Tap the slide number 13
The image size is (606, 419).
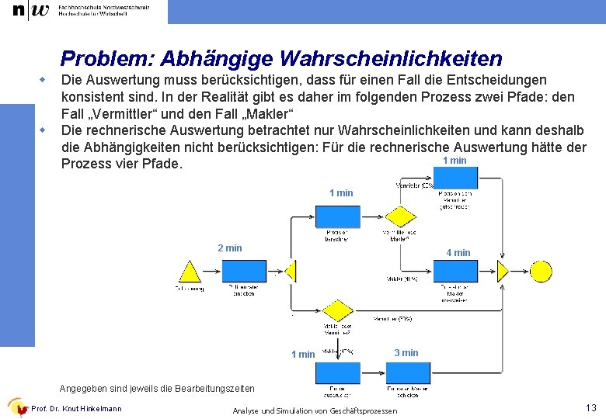(590, 407)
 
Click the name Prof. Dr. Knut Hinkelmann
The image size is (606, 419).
(76, 408)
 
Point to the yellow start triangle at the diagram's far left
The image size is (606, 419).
(189, 271)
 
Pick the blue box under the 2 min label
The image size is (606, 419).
(244, 272)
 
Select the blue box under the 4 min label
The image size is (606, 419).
(454, 272)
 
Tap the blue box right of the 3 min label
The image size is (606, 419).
(408, 373)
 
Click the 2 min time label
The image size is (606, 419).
(230, 248)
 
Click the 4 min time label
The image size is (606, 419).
(458, 253)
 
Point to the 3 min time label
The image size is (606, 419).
(406, 353)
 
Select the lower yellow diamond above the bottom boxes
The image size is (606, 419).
(337, 311)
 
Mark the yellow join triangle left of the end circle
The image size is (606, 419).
(503, 271)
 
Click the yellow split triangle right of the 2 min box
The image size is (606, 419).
(291, 271)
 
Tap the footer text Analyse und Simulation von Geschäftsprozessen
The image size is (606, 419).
(315, 410)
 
